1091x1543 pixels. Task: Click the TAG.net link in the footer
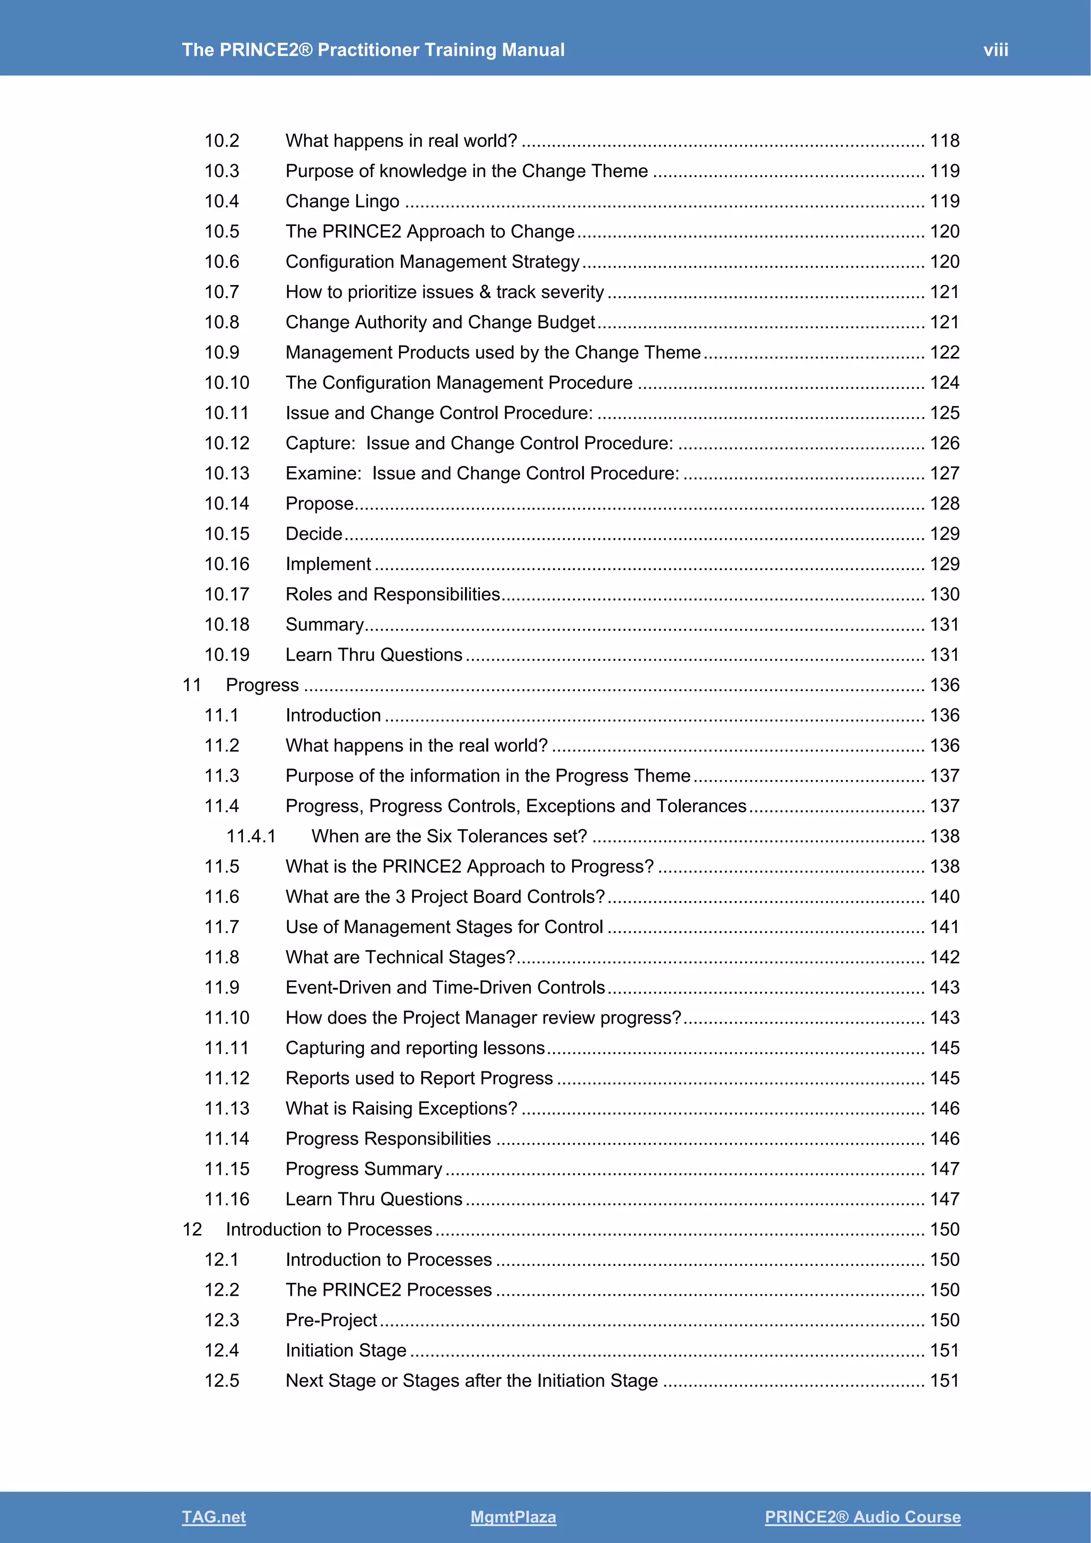tap(214, 1517)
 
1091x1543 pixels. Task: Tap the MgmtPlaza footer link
tap(513, 1517)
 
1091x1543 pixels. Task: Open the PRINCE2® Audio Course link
tap(862, 1517)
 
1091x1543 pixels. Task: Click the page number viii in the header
tap(996, 50)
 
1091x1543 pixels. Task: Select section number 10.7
tap(222, 291)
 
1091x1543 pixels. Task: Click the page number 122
tap(945, 352)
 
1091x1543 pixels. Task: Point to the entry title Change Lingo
tap(342, 201)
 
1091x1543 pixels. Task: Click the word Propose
tap(320, 504)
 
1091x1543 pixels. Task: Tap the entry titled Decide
tap(314, 533)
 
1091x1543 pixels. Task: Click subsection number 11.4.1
tap(250, 836)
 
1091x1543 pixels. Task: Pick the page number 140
tap(945, 897)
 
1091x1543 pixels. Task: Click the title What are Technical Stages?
tap(401, 957)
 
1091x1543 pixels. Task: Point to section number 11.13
tap(226, 1108)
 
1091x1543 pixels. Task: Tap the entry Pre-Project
tap(331, 1320)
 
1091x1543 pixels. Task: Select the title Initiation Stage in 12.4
tap(346, 1350)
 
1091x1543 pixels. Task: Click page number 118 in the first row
tap(945, 141)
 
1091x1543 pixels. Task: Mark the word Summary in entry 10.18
tap(324, 624)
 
